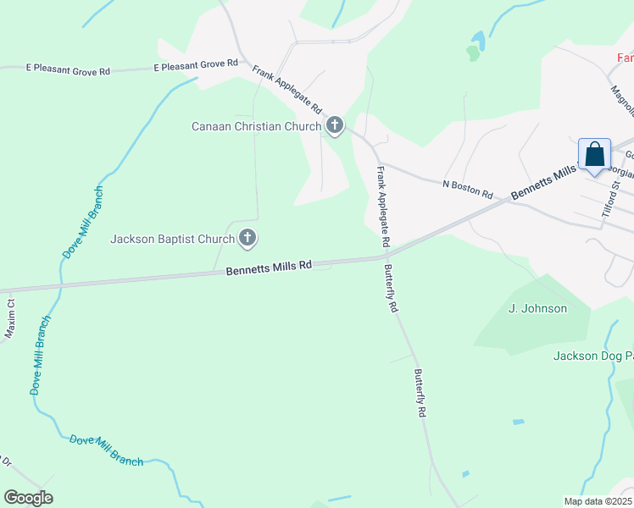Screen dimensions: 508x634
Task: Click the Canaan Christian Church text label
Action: pos(257,127)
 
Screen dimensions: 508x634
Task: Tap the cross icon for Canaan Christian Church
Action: pos(335,127)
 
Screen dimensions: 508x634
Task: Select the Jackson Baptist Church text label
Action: pos(172,239)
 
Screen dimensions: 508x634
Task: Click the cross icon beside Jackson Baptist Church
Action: pos(247,239)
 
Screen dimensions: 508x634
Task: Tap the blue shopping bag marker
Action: pos(594,156)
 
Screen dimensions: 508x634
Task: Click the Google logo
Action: pos(28,498)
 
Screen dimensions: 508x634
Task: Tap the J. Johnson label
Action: pos(537,308)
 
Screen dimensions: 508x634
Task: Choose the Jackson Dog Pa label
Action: pos(593,356)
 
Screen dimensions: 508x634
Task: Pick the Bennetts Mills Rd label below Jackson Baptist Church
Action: pos(270,268)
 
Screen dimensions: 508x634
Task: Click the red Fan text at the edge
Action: pos(626,58)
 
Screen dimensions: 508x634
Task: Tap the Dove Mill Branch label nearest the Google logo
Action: pos(106,450)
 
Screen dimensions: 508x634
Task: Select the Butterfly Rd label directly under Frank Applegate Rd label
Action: pos(391,290)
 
